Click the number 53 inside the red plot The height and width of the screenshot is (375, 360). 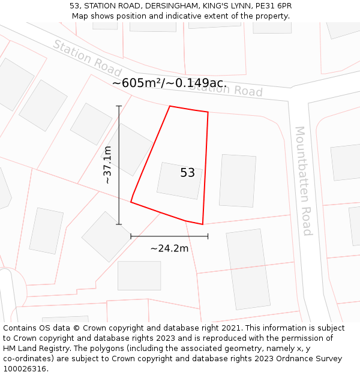point(187,173)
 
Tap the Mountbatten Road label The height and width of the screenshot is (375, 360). point(304,181)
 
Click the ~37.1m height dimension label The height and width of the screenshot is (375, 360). point(108,164)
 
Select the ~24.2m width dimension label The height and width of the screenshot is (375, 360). point(169,248)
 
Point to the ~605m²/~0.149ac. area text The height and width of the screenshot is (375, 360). point(169,83)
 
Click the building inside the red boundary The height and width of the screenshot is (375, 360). point(179,181)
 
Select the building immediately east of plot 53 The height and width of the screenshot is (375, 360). point(238,181)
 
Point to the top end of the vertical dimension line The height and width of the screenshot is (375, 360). point(119,106)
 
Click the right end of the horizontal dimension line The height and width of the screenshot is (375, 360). point(208,236)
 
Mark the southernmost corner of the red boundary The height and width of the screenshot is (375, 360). point(203,224)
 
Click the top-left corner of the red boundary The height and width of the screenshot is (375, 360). point(170,106)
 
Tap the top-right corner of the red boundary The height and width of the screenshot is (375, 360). point(208,112)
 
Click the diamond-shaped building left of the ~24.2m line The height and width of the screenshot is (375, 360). point(106,236)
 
